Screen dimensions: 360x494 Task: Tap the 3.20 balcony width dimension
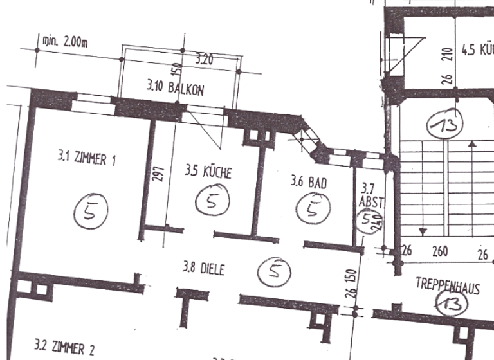pos(205,60)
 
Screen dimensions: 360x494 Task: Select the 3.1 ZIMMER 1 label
pos(87,157)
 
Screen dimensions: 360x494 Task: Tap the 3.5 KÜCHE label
pos(208,172)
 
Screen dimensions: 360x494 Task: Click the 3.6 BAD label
pos(309,183)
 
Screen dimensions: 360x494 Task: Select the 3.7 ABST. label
pos(370,195)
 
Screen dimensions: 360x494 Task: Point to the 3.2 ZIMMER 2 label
pos(64,349)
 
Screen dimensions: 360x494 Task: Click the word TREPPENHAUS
pos(447,287)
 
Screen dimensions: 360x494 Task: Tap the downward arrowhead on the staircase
pos(423,230)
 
